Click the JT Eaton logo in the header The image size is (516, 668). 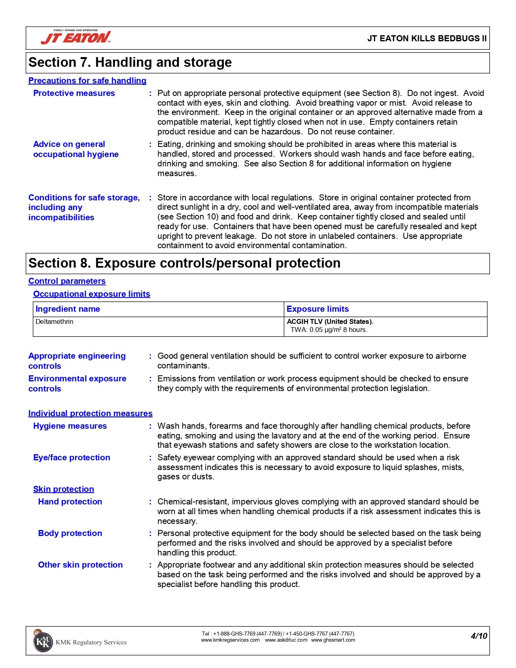point(76,37)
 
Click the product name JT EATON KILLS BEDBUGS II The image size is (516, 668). point(427,38)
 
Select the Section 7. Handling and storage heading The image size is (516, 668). point(130,62)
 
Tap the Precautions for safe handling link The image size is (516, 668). point(87,81)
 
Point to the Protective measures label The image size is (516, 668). point(74,93)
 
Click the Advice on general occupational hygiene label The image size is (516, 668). point(76,149)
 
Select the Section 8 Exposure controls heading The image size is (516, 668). point(184,263)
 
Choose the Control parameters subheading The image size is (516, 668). point(67,281)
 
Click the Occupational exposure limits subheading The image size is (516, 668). point(91,294)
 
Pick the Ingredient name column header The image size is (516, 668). point(68,309)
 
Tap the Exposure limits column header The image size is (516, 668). point(317,309)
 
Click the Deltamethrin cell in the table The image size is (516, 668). point(54,322)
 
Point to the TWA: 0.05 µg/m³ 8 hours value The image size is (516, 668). point(329,330)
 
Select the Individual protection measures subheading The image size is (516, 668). point(90,413)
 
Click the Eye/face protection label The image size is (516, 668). point(72,457)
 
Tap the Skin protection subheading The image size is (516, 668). point(64,489)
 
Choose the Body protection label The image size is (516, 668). point(70,533)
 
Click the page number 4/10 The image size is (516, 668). point(479,636)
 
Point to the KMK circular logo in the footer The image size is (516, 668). point(42,642)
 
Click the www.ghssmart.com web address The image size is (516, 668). point(333,640)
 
